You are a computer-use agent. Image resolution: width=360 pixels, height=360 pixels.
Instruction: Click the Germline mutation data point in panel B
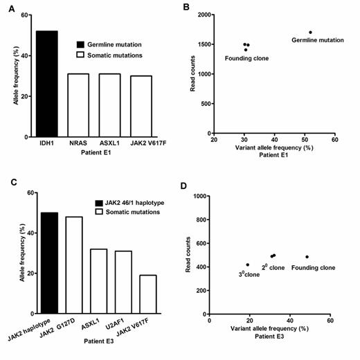pos(310,32)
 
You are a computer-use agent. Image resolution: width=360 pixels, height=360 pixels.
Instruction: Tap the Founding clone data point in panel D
pos(307,257)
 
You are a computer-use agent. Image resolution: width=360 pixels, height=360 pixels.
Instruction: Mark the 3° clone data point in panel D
pos(247,264)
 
